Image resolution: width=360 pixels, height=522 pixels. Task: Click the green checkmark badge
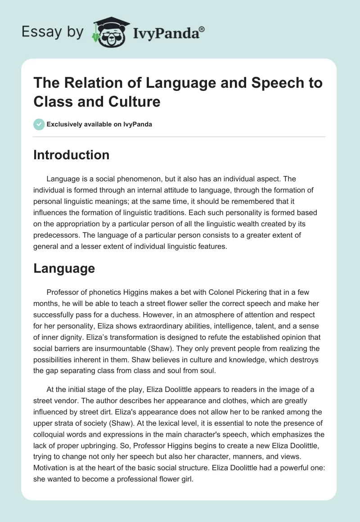40,124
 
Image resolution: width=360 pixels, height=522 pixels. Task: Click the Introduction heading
72,155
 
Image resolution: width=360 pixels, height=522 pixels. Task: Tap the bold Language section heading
64,269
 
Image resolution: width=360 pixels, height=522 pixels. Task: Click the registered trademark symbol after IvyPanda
202,28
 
